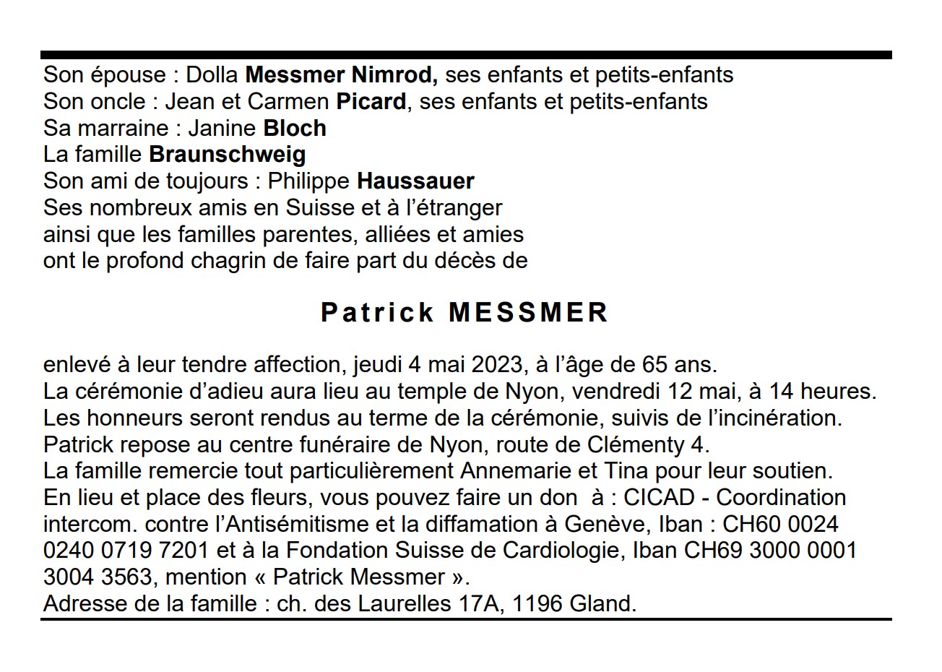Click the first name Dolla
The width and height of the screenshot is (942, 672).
point(213,74)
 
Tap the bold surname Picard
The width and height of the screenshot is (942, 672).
point(371,101)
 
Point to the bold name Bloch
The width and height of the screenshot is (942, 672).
point(295,128)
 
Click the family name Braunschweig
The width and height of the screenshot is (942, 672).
point(228,154)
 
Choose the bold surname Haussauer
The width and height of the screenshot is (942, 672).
point(415,181)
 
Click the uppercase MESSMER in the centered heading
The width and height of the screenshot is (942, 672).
point(528,312)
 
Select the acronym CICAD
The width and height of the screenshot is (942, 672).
point(659,498)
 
